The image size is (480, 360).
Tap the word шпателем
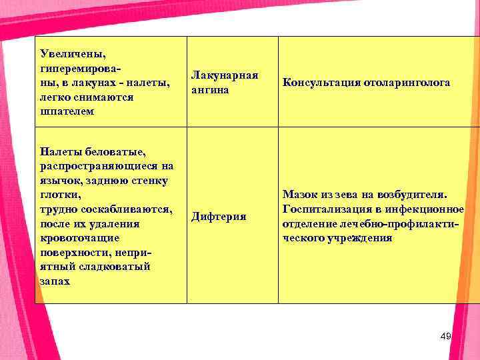coord(67,111)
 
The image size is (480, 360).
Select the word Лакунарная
coord(225,75)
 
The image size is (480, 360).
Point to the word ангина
coord(209,89)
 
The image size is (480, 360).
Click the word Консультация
coord(321,83)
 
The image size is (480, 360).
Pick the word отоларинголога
coord(407,83)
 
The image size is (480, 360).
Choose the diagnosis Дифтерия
coord(219,216)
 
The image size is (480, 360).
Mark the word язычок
coord(59,180)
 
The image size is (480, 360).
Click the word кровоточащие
coord(79,237)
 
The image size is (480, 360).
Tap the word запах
coord(55,281)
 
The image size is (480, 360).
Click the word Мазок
coord(301,195)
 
